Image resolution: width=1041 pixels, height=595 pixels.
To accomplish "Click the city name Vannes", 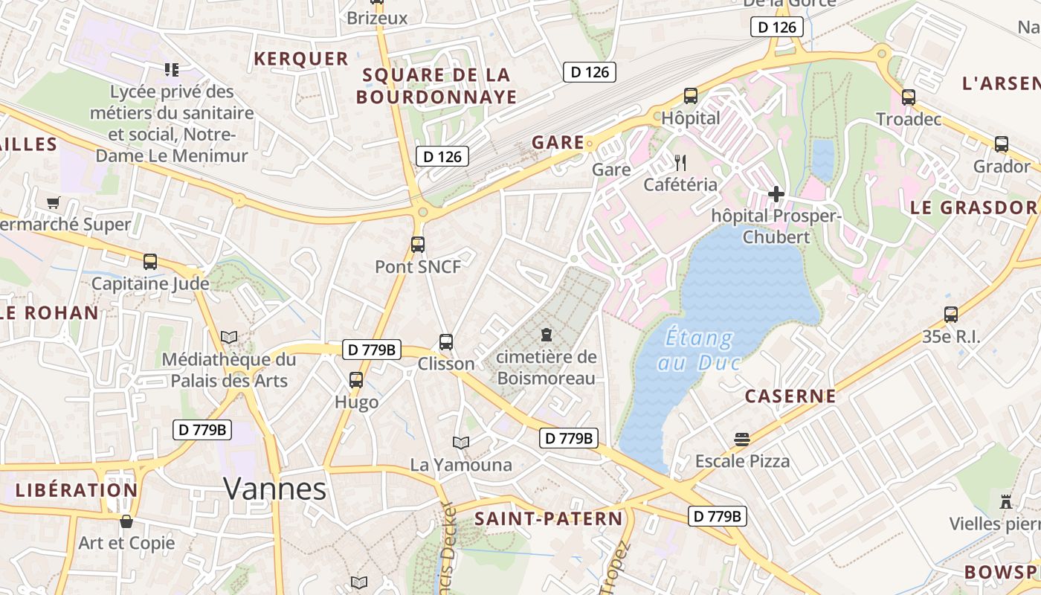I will [274, 489].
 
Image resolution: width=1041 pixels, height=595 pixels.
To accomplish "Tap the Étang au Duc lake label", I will [699, 350].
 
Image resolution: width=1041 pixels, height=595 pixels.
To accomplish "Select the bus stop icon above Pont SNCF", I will [418, 244].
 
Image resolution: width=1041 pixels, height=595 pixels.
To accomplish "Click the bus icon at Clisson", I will [446, 341].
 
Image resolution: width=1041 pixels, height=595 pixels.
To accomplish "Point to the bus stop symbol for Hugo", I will [356, 380].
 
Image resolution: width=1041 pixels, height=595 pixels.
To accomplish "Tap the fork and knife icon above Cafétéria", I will [680, 162].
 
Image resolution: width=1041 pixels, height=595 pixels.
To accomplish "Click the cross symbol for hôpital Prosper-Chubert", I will [776, 195].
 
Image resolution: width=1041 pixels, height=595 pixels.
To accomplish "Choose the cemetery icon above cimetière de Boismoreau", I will [547, 335].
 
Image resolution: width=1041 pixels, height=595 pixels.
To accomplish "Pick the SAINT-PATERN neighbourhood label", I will [548, 518].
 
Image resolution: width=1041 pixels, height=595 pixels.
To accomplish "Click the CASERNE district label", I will [790, 396].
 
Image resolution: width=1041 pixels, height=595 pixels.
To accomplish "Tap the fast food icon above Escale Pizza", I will [741, 439].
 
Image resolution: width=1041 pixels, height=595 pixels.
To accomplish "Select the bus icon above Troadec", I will [908, 97].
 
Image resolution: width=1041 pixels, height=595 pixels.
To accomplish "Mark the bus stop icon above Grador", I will [1002, 144].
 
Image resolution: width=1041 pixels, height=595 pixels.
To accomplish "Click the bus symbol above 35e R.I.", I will [951, 315].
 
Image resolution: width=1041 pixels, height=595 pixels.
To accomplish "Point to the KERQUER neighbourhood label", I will [301, 59].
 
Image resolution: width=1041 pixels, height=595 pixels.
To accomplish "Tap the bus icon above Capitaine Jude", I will [150, 261].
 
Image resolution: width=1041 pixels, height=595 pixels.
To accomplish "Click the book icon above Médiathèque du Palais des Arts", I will [229, 338].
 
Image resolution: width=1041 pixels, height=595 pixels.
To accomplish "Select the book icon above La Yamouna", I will [461, 443].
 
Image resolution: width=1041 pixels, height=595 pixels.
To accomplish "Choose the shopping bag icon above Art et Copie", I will [126, 521].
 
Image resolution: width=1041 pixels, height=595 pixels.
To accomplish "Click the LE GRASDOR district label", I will [973, 208].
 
